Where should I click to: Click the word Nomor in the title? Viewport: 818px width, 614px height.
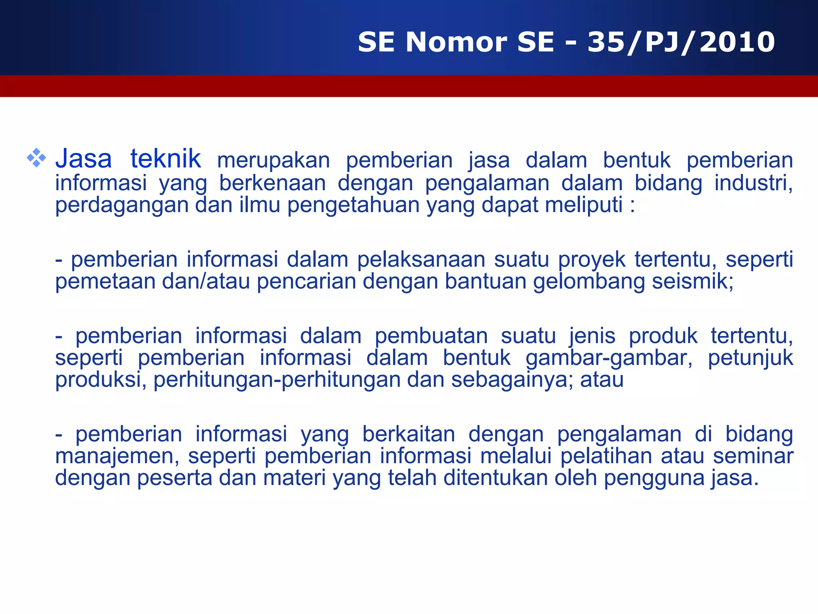[456, 42]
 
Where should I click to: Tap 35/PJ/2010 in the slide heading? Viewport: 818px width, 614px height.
[681, 42]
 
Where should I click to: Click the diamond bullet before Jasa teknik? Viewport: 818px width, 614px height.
[36, 158]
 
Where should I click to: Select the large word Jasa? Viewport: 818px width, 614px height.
[83, 158]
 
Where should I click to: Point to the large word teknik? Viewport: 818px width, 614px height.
[165, 158]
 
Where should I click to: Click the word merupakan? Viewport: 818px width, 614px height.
[274, 161]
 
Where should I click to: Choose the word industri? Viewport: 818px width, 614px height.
[752, 183]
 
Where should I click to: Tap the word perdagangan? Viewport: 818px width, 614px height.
[121, 205]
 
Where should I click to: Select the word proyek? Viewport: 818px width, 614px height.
[592, 260]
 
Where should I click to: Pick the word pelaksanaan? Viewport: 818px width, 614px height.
[421, 260]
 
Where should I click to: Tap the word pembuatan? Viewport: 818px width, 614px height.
[431, 336]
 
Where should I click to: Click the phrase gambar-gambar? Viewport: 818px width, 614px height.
[609, 358]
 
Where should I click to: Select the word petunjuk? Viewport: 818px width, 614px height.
[750, 358]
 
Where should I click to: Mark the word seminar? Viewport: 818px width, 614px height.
[753, 456]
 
